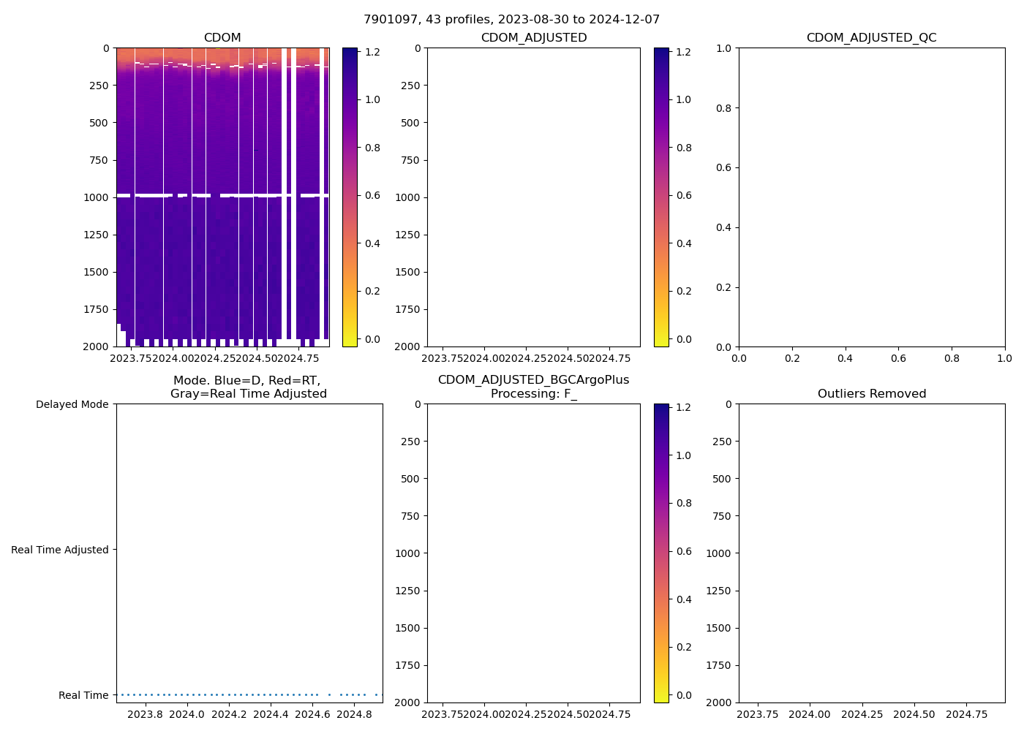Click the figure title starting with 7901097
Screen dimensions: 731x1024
coord(511,20)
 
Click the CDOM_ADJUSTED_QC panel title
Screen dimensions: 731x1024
coord(871,38)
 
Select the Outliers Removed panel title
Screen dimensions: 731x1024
coord(871,394)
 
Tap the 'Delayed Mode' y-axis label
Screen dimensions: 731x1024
coord(72,405)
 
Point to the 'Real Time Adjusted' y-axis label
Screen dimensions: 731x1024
coord(59,550)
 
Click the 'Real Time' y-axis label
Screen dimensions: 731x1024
coord(83,695)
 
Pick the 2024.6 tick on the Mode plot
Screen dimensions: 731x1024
coord(312,714)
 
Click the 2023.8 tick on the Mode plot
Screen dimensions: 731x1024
coord(145,714)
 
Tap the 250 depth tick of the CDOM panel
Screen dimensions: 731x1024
coord(99,86)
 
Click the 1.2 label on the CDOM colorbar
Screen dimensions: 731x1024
coord(373,52)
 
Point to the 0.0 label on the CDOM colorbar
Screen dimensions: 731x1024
coord(373,339)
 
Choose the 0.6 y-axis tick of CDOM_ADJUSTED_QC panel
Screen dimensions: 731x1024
coord(723,167)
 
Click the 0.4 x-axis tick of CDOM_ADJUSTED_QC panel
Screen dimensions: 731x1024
coord(845,359)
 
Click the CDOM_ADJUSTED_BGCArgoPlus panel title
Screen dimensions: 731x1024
coord(533,380)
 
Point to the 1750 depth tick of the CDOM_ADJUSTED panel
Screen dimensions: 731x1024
coord(407,309)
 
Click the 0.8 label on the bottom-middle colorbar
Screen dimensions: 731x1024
coord(684,503)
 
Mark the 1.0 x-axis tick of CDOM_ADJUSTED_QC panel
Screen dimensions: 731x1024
coord(1004,359)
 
